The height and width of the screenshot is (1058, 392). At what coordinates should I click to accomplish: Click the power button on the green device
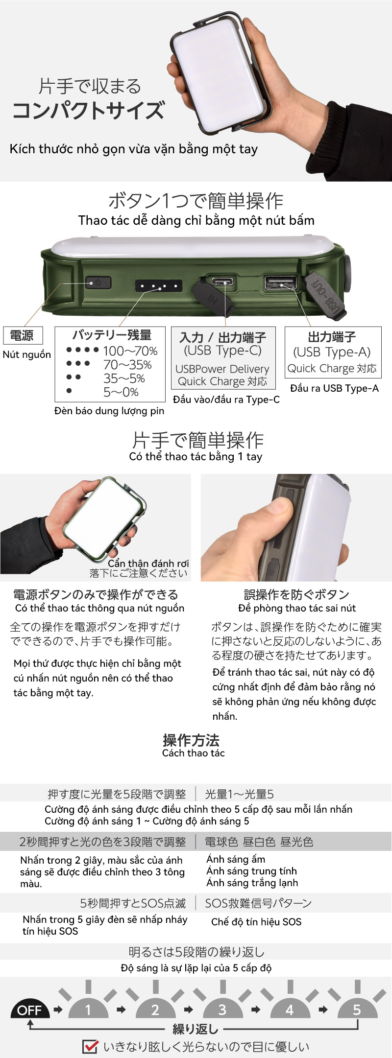pyautogui.click(x=98, y=282)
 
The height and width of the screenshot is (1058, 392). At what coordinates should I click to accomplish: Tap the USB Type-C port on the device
pyautogui.click(x=223, y=282)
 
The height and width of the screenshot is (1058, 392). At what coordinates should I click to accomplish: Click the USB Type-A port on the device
pyautogui.click(x=281, y=282)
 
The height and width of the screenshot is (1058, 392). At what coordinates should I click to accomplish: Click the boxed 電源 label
pyautogui.click(x=23, y=335)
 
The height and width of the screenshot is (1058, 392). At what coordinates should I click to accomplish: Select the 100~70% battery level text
pyautogui.click(x=130, y=351)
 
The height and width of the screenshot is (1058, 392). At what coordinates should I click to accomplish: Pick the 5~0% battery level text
pyautogui.click(x=121, y=392)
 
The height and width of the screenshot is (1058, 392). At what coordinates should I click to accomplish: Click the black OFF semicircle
pyautogui.click(x=30, y=1010)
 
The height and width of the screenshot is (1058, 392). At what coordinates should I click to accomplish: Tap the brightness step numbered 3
pyautogui.click(x=222, y=1010)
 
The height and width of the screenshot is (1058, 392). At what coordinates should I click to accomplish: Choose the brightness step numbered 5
pyautogui.click(x=357, y=1010)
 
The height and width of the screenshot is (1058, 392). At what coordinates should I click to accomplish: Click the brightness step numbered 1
pyautogui.click(x=88, y=1010)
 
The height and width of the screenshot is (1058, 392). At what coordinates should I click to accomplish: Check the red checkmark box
pyautogui.click(x=90, y=1046)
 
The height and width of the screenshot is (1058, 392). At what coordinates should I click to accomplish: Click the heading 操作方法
pyautogui.click(x=191, y=740)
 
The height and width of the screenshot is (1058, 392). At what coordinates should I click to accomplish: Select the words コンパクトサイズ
pyautogui.click(x=89, y=110)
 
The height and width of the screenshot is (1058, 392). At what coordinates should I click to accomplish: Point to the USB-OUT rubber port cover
pyautogui.click(x=325, y=294)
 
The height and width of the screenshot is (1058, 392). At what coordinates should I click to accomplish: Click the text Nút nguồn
pyautogui.click(x=27, y=354)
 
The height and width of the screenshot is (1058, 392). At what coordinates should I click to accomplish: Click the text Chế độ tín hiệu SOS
pyautogui.click(x=256, y=921)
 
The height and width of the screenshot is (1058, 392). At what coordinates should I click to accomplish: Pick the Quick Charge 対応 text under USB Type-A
pyautogui.click(x=332, y=368)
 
